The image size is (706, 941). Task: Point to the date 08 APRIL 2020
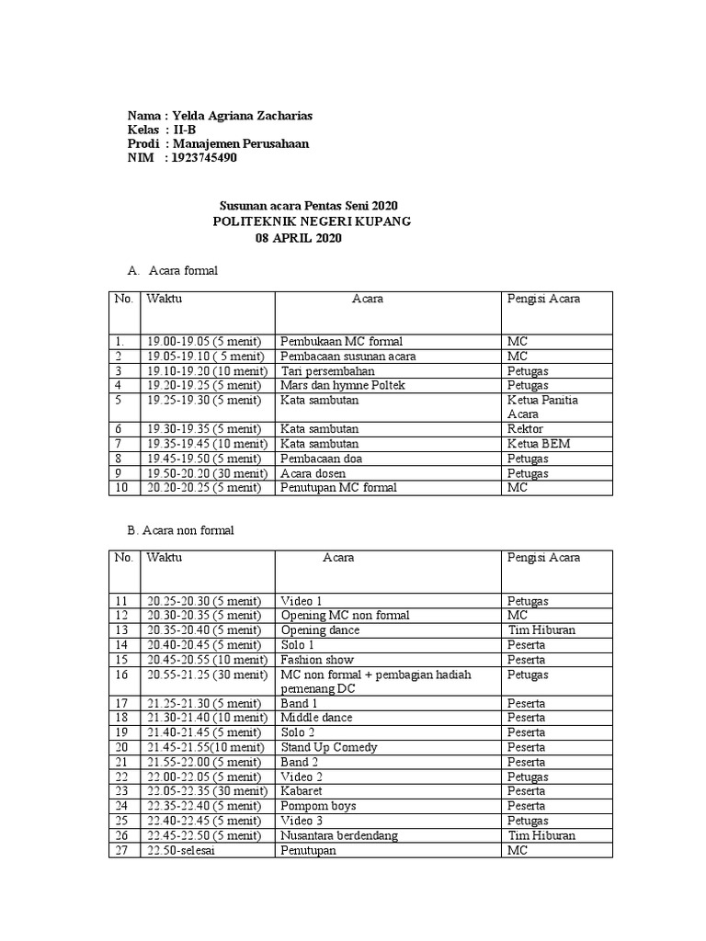(299, 238)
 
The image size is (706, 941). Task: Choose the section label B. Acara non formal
(181, 530)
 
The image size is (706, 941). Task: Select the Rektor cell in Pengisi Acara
(525, 429)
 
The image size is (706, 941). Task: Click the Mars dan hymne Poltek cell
(343, 385)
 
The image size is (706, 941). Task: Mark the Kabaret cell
(304, 791)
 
